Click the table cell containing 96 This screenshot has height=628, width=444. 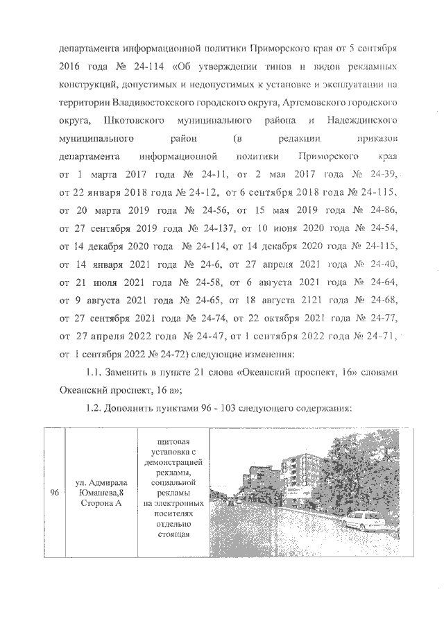click(x=53, y=493)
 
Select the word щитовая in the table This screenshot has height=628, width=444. click(x=172, y=441)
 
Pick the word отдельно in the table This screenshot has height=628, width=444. click(x=172, y=525)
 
